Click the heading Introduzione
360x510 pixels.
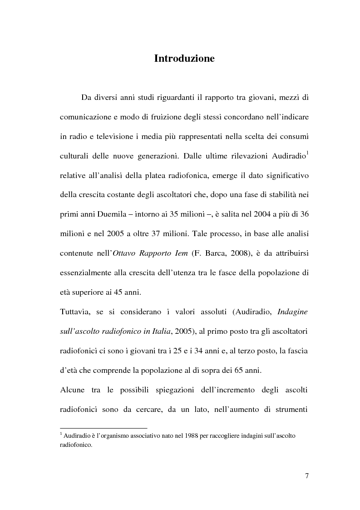click(x=184, y=59)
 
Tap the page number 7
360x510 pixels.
click(x=307, y=476)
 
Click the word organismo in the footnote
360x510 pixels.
click(x=113, y=436)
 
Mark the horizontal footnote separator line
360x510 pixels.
click(x=104, y=428)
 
